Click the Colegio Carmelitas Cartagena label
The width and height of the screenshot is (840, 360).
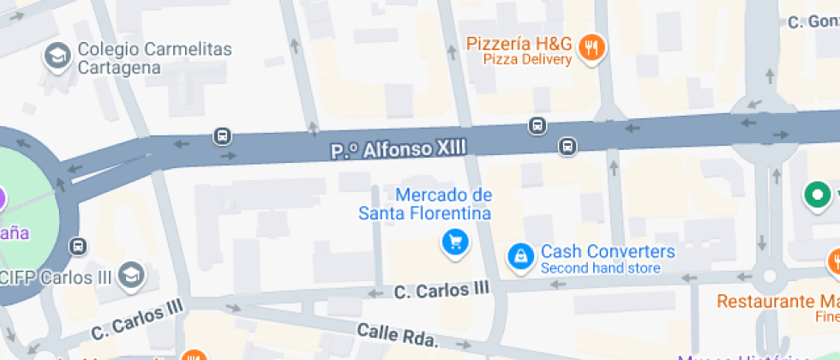154,58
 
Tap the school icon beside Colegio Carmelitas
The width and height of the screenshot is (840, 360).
57,57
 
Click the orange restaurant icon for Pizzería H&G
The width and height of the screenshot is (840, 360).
591,48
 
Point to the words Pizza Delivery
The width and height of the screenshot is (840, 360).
527,60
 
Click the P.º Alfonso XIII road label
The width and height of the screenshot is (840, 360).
399,150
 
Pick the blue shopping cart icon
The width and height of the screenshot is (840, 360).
455,243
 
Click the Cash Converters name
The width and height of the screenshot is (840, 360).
608,252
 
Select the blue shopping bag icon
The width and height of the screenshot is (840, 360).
519,255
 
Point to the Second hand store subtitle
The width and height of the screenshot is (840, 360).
601,268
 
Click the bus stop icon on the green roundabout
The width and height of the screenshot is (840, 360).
78,246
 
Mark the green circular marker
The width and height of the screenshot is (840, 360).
819,195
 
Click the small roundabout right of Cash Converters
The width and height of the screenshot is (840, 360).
768,276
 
